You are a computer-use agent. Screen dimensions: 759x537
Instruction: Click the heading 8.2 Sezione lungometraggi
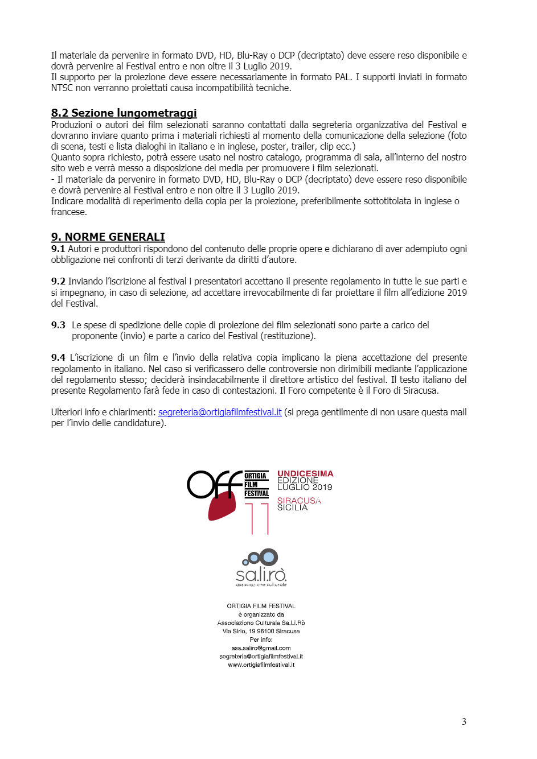(124, 113)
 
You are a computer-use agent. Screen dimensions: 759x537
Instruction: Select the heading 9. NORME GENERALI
(108, 237)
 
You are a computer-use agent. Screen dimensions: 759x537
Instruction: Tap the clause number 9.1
(58, 249)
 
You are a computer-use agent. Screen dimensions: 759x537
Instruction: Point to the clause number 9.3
(58, 325)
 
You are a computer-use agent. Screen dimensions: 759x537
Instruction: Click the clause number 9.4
(58, 357)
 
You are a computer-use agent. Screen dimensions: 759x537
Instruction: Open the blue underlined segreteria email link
(220, 412)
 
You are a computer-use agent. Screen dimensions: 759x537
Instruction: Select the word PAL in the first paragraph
(342, 77)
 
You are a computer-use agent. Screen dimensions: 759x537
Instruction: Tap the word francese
(69, 212)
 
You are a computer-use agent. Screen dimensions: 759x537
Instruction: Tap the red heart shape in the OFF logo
(222, 506)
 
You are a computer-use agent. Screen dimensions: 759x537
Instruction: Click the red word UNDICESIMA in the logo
(305, 473)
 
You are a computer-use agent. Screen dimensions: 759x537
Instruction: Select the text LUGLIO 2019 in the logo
(305, 487)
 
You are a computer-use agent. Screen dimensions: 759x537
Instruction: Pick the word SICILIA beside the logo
(292, 508)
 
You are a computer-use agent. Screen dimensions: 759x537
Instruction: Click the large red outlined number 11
(257, 518)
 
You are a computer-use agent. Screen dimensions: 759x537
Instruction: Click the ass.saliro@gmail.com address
(261, 648)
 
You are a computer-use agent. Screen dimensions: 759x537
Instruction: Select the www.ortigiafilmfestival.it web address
(261, 665)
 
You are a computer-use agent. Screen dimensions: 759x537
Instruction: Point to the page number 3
(464, 721)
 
